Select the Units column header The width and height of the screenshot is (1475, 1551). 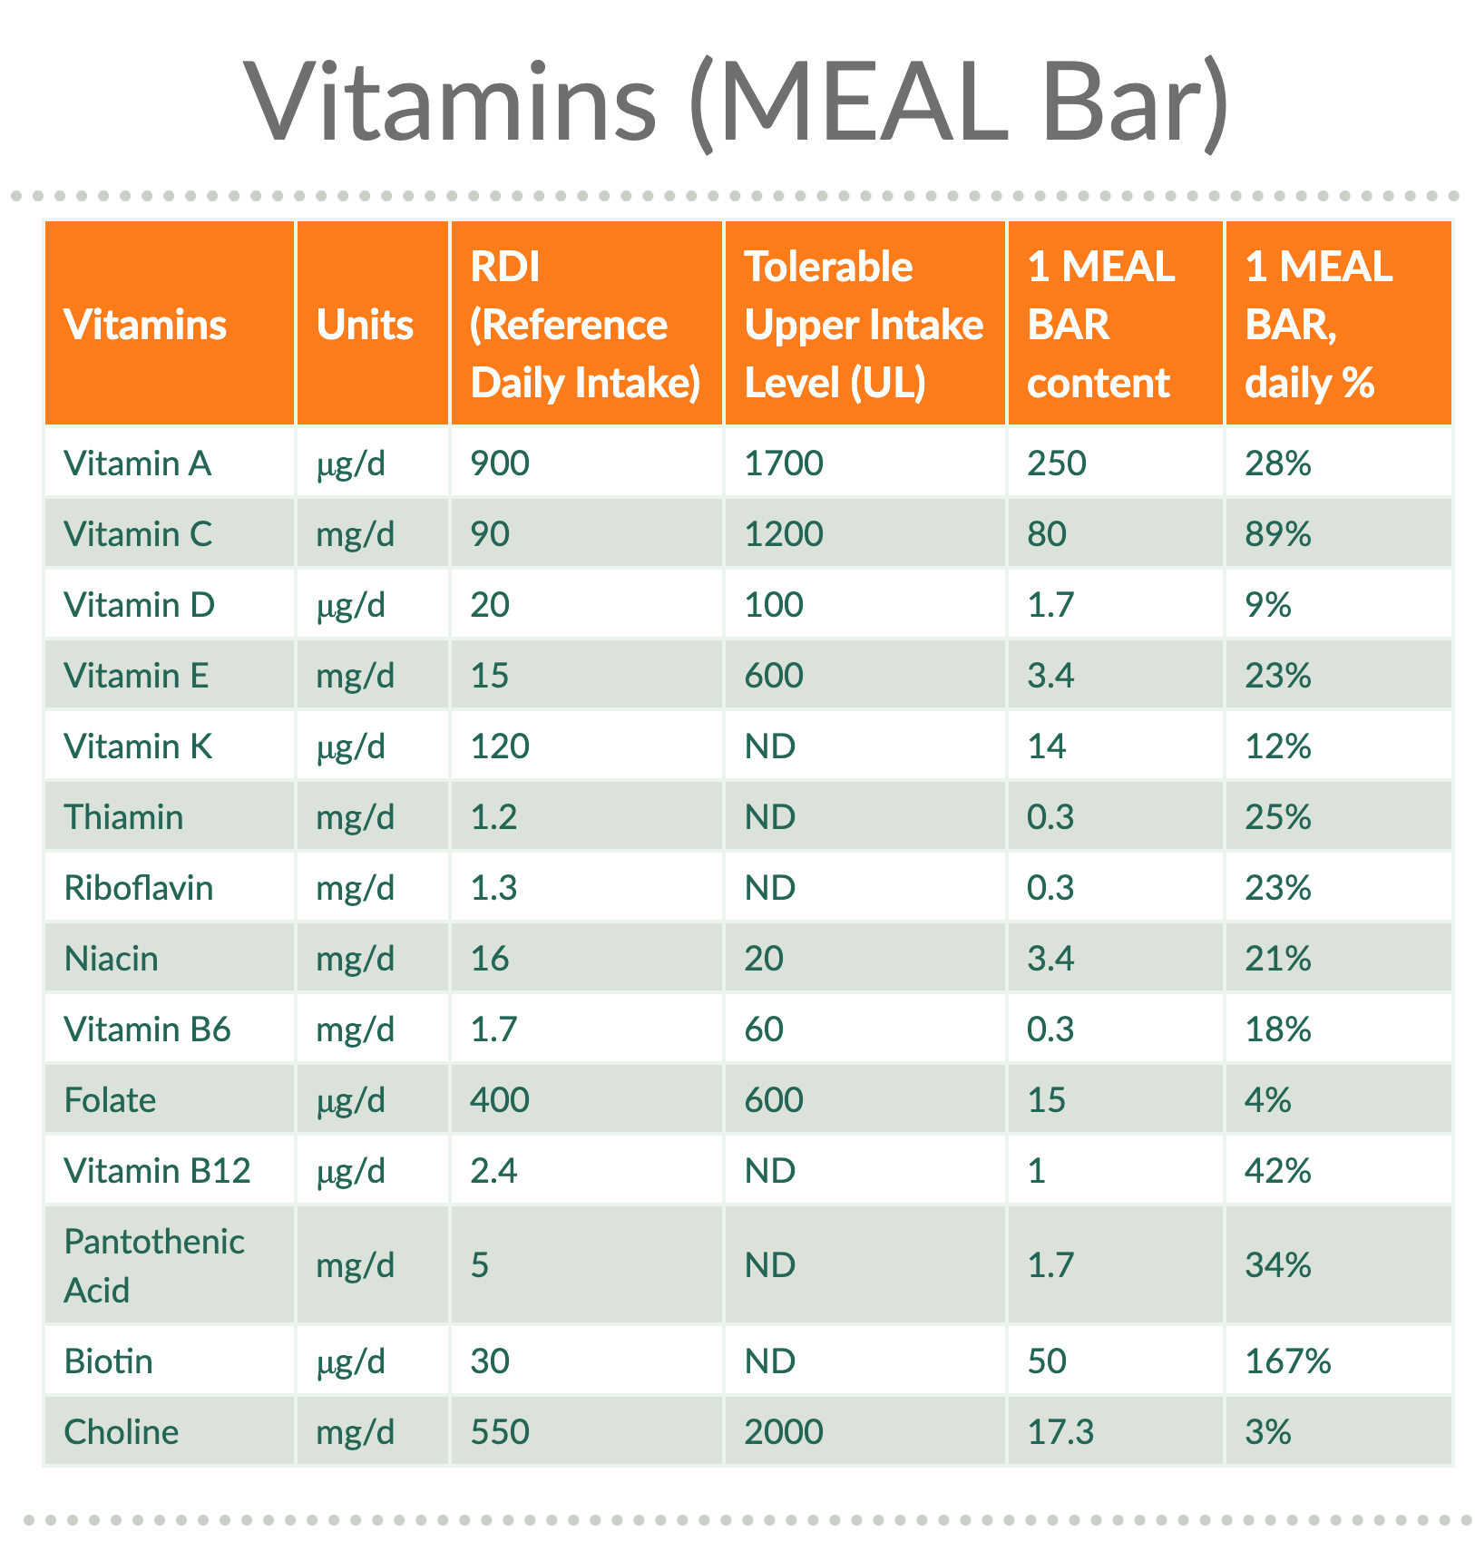[365, 325]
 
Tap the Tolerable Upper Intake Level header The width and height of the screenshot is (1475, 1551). [863, 325]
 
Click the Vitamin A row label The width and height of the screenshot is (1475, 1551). [137, 463]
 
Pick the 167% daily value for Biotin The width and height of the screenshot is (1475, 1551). [1287, 1361]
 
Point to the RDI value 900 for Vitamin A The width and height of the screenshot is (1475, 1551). [499, 463]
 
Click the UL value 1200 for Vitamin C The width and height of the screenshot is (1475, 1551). [783, 534]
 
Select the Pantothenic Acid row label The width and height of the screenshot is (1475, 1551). [153, 1265]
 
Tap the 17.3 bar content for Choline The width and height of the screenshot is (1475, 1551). [1060, 1432]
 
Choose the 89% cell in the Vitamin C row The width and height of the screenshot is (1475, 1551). [1277, 534]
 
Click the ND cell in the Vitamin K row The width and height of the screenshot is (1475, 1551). [769, 746]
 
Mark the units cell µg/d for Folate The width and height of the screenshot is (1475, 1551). [350, 1100]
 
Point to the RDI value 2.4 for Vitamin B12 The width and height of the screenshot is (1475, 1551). [493, 1171]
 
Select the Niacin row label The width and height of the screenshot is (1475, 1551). [111, 959]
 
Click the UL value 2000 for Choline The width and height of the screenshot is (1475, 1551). [783, 1432]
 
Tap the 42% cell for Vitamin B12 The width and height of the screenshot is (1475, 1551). [1277, 1171]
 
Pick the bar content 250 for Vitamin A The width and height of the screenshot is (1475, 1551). [1056, 463]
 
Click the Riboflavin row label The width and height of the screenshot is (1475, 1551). [138, 888]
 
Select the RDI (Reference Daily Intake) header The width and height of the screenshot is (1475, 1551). [585, 325]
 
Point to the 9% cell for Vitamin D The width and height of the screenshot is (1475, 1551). [1267, 605]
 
